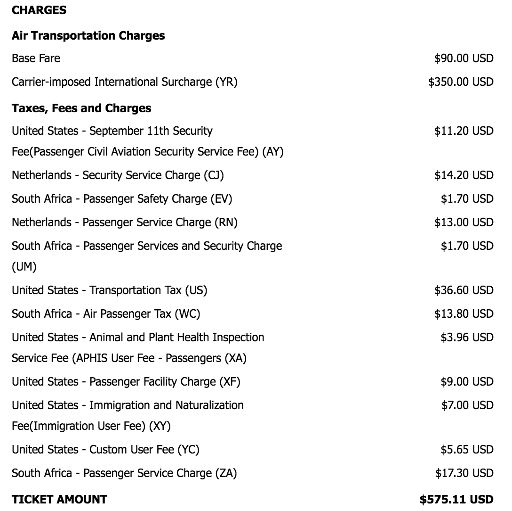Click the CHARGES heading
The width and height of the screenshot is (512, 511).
tap(39, 10)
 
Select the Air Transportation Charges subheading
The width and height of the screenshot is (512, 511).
tap(88, 35)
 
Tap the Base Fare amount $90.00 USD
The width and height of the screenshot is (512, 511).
tap(464, 58)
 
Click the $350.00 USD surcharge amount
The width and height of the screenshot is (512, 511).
tap(461, 82)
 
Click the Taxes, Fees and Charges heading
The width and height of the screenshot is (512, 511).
tap(81, 108)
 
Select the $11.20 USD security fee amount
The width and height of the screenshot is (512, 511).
tap(464, 131)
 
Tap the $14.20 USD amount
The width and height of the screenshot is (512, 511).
tap(464, 175)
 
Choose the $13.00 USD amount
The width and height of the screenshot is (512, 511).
tap(464, 222)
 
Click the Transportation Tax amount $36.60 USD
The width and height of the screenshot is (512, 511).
tap(464, 290)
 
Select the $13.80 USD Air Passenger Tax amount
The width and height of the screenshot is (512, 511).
tap(464, 313)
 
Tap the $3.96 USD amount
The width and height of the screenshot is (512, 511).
tap(467, 337)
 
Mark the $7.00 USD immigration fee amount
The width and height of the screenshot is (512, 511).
tap(467, 405)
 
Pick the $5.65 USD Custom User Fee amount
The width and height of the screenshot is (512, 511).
tap(467, 450)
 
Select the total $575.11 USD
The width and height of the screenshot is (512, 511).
tap(456, 499)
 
